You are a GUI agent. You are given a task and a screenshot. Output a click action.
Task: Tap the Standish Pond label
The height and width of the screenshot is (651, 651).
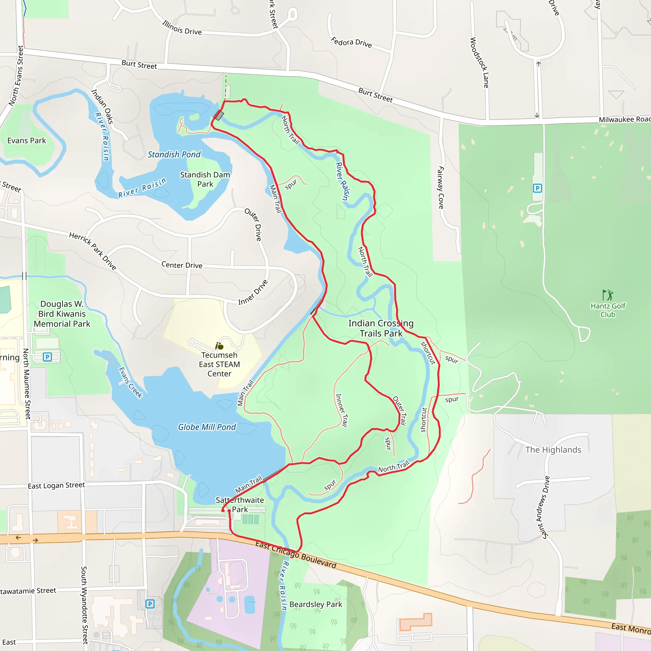[x=174, y=154]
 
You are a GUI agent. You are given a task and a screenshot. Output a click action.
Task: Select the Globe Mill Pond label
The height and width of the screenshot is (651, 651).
[x=207, y=427]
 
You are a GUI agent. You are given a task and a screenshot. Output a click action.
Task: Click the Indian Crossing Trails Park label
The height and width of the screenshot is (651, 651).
[x=381, y=328]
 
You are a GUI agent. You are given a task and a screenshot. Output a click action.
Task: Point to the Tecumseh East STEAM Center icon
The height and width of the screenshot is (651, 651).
[x=219, y=346]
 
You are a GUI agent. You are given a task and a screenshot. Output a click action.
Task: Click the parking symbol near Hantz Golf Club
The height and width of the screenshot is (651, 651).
[x=538, y=188]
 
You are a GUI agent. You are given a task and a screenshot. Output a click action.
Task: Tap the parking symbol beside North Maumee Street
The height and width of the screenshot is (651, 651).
[x=47, y=357]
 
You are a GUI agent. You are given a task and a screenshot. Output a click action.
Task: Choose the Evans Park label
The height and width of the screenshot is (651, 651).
[x=27, y=140]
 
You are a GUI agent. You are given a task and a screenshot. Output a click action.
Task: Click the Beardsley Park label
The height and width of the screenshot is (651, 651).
[x=316, y=604]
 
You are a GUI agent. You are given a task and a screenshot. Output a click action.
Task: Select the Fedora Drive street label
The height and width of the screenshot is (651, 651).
[x=352, y=43]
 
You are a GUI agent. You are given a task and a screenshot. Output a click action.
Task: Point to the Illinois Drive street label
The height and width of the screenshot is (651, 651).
[x=182, y=28]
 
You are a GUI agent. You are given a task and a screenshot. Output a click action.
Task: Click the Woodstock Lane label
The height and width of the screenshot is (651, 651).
[x=479, y=63]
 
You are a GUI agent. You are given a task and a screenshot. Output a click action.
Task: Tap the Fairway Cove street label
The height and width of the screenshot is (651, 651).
[x=441, y=187]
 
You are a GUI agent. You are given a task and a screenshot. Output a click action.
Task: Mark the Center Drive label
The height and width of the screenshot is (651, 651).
[x=182, y=265]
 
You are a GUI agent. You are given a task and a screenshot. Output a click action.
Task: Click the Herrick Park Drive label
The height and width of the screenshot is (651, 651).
[x=93, y=251]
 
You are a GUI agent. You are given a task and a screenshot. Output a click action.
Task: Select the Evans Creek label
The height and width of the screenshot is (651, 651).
[x=131, y=383]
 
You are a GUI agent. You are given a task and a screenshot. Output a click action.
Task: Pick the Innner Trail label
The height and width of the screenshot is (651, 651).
[x=341, y=410]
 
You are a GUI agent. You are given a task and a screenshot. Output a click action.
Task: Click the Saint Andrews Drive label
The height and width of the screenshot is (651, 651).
[x=543, y=507]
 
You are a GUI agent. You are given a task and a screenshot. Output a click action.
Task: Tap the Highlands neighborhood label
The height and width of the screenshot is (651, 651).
[x=553, y=450]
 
